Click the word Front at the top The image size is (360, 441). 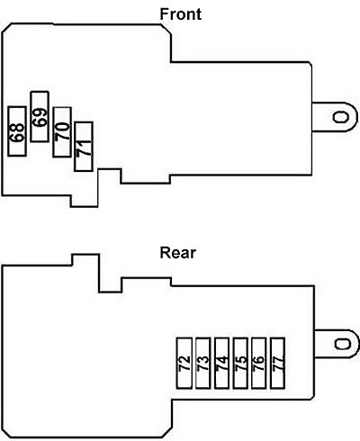click(180, 14)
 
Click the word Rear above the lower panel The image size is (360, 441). click(178, 253)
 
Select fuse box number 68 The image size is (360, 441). click(17, 131)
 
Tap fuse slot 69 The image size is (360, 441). click(40, 116)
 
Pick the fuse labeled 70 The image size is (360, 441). click(62, 132)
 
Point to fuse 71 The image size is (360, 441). click(84, 147)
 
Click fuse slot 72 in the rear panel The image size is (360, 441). click(184, 364)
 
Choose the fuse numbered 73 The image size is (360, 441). click(203, 364)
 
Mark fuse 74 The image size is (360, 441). click(222, 364)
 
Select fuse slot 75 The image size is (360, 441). click(240, 364)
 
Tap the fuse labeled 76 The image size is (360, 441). click(259, 364)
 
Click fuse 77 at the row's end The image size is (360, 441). click(278, 364)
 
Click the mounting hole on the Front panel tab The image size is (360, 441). click(341, 117)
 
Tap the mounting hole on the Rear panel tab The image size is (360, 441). click(343, 344)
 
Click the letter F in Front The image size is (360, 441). click(164, 14)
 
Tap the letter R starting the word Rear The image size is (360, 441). click(165, 253)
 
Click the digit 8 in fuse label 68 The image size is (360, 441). click(17, 127)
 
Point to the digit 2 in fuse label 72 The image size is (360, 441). click(184, 359)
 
